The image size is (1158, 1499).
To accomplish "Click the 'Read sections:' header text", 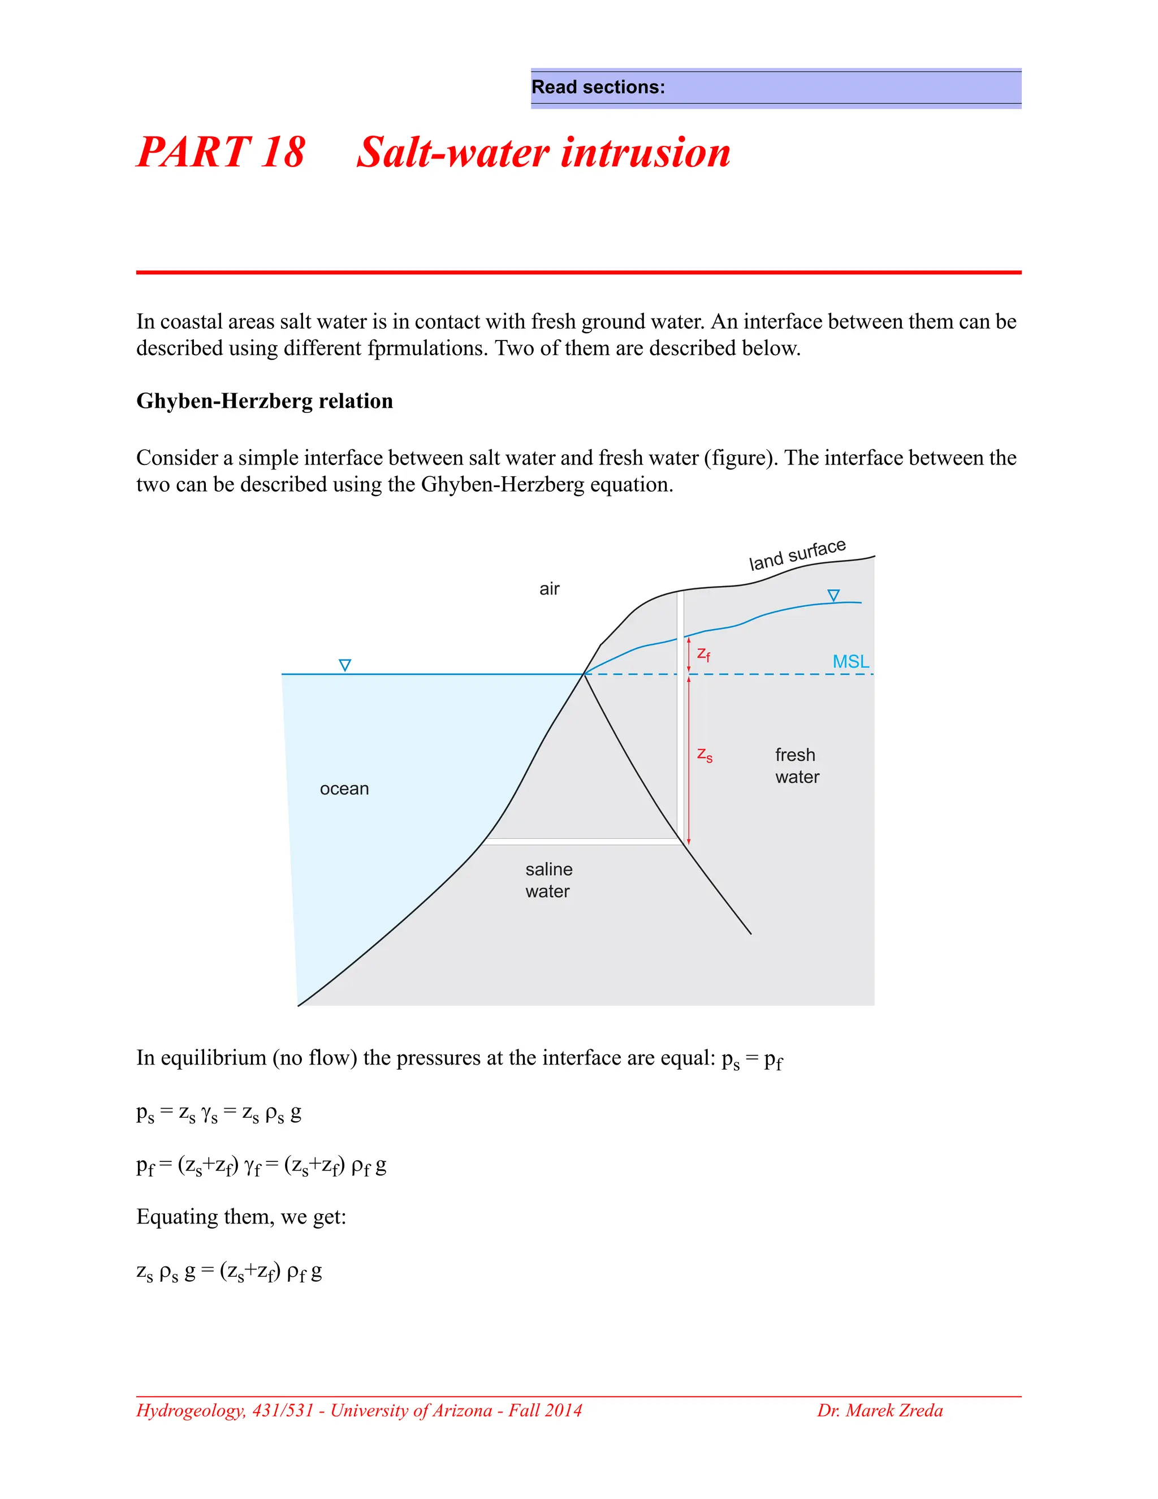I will (598, 87).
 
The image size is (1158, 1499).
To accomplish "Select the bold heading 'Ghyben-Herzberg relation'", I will (264, 401).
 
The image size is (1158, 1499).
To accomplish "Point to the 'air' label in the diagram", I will (549, 589).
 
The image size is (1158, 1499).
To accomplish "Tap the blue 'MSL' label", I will (850, 662).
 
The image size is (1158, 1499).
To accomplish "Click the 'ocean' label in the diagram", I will (344, 789).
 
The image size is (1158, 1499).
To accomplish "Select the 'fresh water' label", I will (797, 766).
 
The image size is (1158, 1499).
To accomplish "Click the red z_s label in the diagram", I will (705, 755).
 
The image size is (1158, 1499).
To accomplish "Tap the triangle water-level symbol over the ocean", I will (345, 665).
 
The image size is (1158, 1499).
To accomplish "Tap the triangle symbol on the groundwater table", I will (833, 596).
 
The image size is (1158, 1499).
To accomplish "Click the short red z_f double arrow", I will (689, 656).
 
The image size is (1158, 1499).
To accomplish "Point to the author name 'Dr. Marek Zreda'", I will (879, 1410).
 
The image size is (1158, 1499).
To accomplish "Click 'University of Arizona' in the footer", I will (411, 1410).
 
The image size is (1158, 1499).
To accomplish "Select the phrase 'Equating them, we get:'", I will (241, 1217).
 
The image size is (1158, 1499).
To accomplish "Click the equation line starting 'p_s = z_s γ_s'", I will (218, 1113).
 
